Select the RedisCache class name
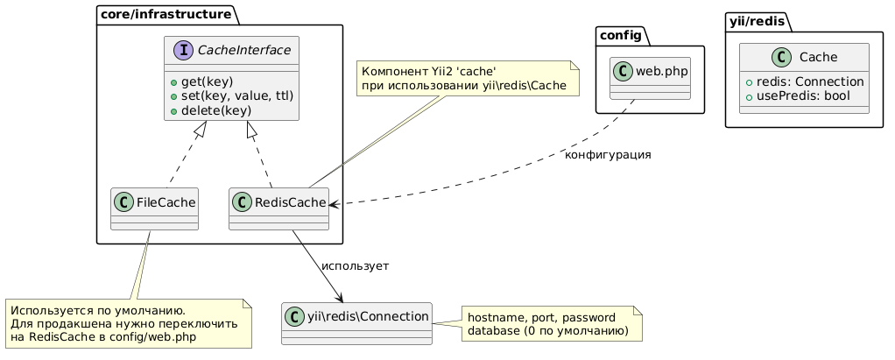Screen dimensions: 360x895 [288, 203]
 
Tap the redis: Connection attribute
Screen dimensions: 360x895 [807, 81]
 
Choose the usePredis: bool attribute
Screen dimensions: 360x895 [800, 95]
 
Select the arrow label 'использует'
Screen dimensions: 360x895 [356, 265]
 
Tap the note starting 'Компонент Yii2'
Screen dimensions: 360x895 [466, 78]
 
